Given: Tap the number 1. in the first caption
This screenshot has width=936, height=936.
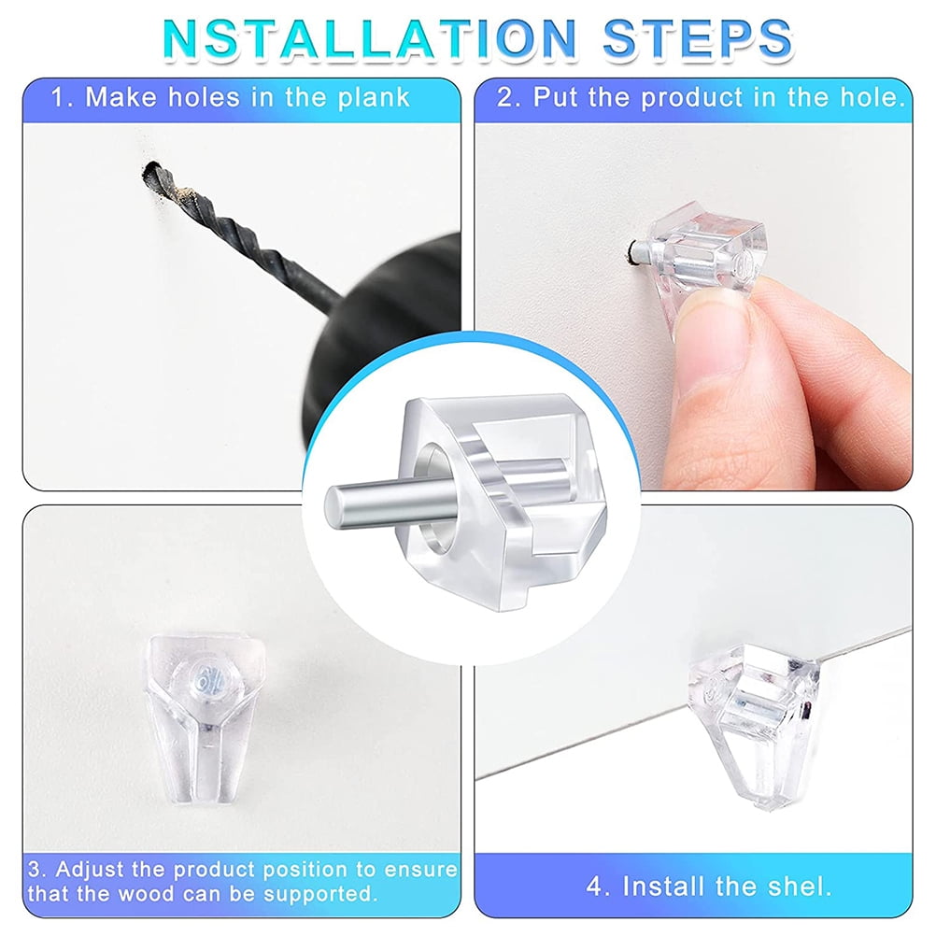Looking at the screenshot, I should tap(63, 98).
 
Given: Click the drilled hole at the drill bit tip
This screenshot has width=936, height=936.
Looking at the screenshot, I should tap(149, 172).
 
